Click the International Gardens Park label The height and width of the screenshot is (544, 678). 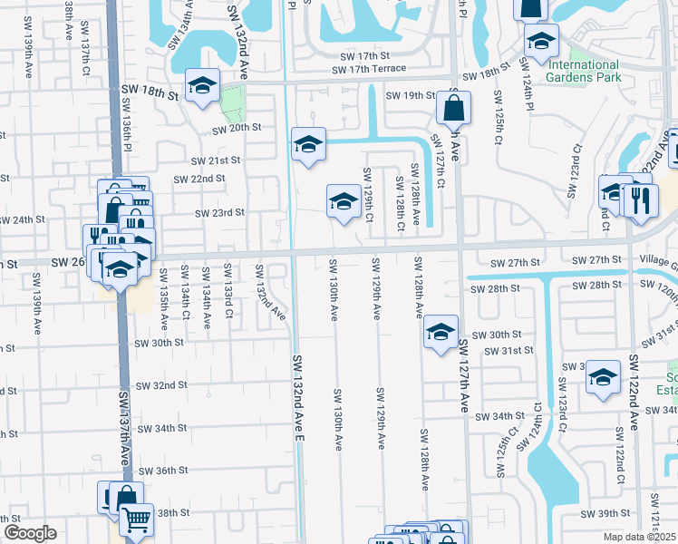pos(583,71)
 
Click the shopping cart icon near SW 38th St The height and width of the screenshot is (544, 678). pos(135,520)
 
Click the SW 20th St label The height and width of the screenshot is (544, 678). pos(237,129)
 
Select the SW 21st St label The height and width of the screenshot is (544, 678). pos(215,160)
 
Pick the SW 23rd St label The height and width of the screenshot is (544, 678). pos(220,213)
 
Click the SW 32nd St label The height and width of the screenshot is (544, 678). pos(161,385)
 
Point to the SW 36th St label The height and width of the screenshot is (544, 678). pos(162,471)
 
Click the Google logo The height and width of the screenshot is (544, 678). pos(29,532)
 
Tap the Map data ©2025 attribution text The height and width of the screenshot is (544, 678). pos(639,537)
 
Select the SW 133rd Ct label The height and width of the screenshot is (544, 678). pos(228,291)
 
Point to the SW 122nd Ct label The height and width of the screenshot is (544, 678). pos(620,453)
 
